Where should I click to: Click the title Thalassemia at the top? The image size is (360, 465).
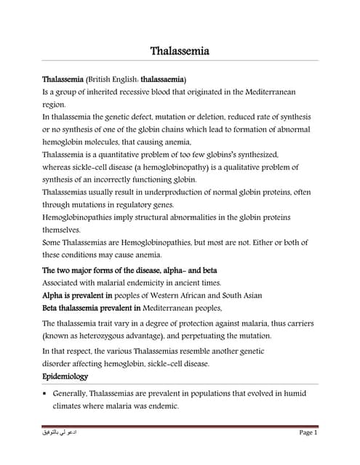point(180,52)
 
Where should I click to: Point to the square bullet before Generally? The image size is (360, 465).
point(45,393)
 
